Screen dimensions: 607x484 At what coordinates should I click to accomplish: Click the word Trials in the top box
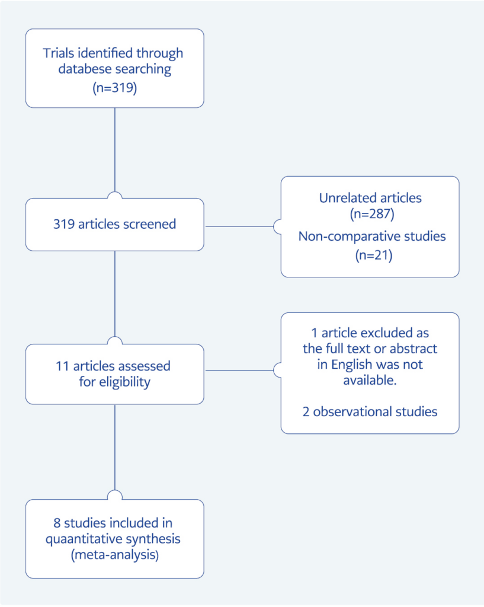click(59, 53)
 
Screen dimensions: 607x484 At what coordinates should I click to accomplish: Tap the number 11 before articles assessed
click(57, 366)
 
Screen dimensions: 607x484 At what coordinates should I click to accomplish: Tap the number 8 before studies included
click(56, 523)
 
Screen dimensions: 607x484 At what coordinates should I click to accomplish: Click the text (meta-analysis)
click(114, 555)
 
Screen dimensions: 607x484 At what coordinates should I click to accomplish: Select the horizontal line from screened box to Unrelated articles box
click(240, 226)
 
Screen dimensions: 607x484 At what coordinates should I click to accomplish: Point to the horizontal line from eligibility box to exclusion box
click(240, 370)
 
